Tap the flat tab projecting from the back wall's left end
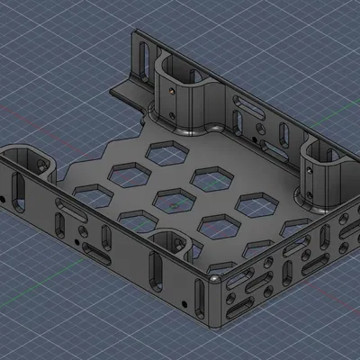tap(126, 90)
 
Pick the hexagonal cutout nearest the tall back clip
tap(167, 153)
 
